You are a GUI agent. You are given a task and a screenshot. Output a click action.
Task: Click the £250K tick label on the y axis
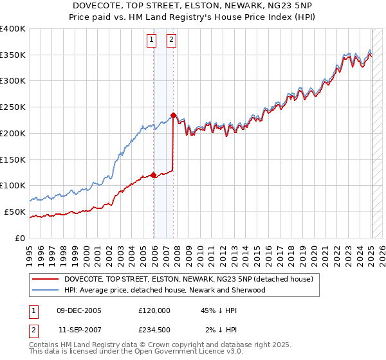[12, 107]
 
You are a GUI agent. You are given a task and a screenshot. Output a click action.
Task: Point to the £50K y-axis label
[14, 212]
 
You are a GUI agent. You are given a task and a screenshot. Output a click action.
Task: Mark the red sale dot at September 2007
[173, 116]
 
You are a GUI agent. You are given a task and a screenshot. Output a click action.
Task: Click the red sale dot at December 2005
[153, 175]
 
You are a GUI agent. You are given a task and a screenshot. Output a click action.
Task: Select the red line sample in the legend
[46, 279]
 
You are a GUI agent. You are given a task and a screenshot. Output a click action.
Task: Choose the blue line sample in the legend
[46, 290]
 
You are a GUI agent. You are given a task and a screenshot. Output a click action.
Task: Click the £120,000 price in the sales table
[154, 310]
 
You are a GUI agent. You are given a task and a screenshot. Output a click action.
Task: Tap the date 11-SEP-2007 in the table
[80, 330]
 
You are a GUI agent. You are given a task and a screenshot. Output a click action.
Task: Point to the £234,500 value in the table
[154, 330]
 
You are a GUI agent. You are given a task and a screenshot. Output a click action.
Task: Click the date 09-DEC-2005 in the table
[80, 310]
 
